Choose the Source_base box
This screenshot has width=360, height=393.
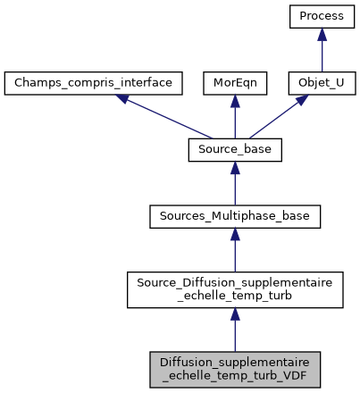(x=235, y=151)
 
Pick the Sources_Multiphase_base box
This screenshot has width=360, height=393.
(x=235, y=217)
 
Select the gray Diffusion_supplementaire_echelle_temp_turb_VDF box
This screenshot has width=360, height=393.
(x=235, y=368)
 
